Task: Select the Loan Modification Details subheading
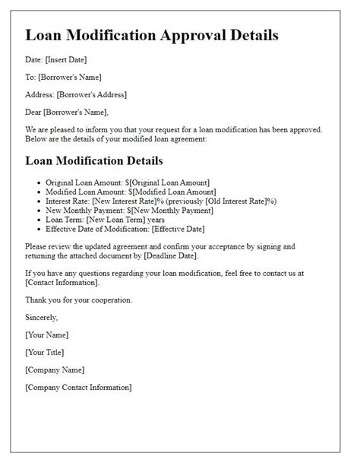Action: coord(93,160)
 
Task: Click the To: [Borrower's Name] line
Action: coord(63,77)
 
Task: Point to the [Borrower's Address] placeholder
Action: coord(93,94)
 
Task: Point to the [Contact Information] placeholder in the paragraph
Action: coord(62,283)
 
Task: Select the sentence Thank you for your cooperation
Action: coord(78,300)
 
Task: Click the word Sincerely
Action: coord(41,318)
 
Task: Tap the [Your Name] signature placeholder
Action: coord(46,335)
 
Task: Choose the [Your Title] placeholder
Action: coord(44,352)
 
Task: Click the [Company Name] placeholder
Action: coord(55,369)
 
